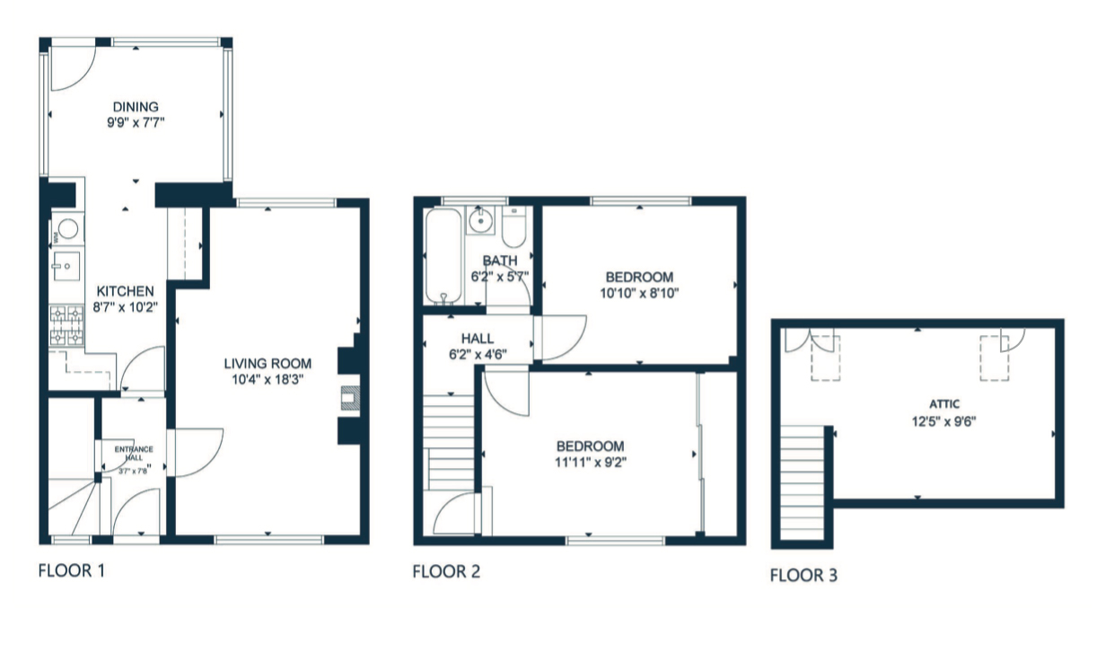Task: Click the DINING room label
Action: (136, 108)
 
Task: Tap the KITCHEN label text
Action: (126, 291)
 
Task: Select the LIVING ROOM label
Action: (268, 364)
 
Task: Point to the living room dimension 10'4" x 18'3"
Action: (268, 379)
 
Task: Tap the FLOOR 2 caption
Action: (446, 571)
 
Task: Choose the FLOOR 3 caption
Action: (803, 575)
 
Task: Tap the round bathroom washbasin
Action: (482, 218)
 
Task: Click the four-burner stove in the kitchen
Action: (66, 326)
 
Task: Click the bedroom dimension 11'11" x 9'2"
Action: (590, 462)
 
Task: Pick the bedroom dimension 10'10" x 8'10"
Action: (639, 292)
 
